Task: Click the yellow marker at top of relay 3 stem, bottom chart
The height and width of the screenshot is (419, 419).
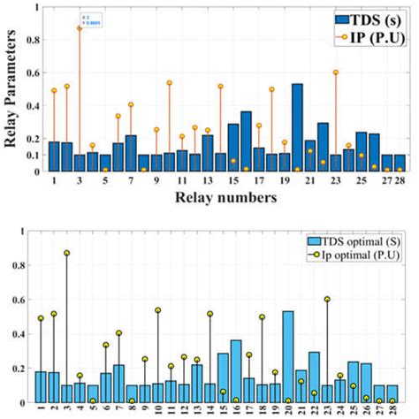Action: [66, 253]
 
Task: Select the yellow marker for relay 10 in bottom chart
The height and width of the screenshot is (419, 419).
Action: [158, 310]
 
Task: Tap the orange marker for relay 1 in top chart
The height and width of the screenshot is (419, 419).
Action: [54, 90]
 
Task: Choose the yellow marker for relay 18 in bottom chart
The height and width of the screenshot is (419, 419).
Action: [263, 316]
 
